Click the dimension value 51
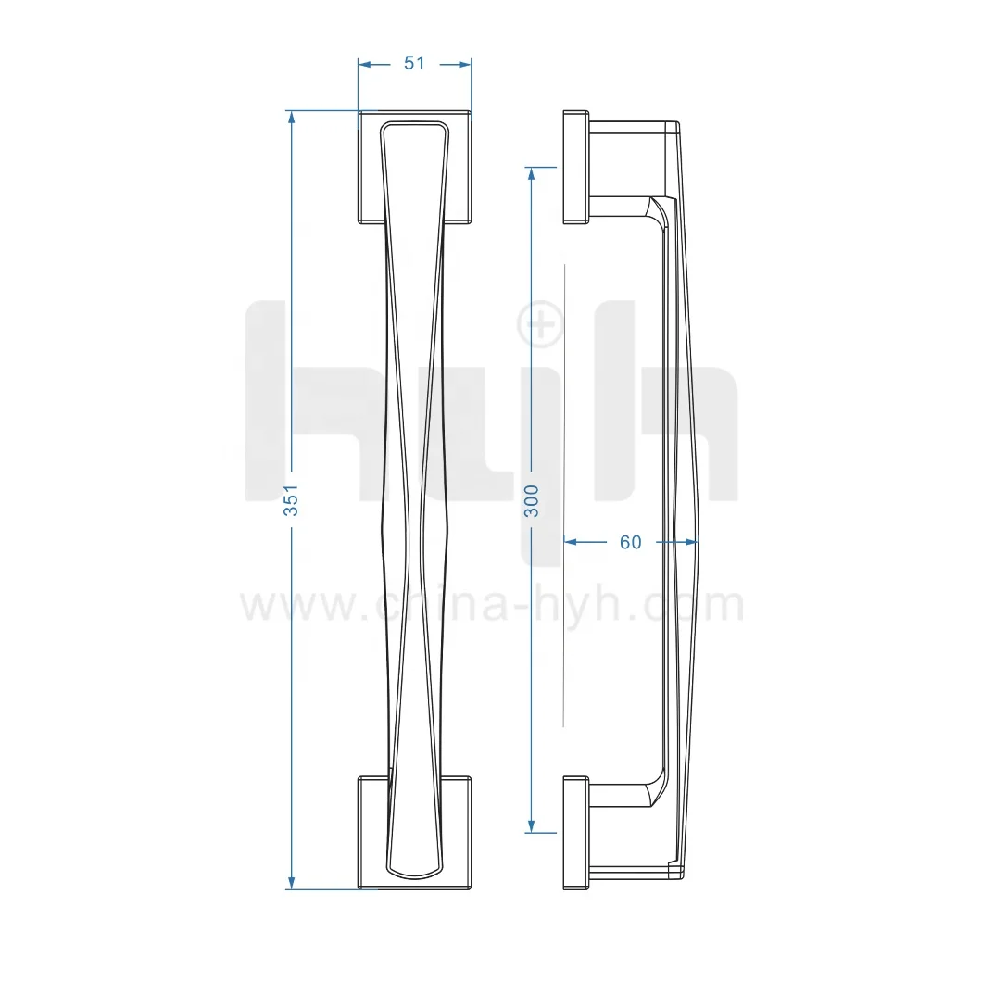coord(414,63)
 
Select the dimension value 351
coord(291,500)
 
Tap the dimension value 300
coord(531,500)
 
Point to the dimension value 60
coord(630,542)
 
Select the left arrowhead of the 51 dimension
coord(365,64)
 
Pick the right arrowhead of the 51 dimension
coord(465,64)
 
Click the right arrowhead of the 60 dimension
coord(689,542)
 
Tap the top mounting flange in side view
coord(575,167)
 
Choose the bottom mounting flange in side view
coord(575,832)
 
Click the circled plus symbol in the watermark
coord(539,323)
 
